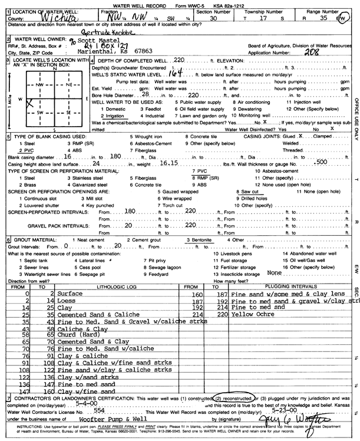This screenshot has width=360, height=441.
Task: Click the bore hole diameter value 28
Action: (144, 94)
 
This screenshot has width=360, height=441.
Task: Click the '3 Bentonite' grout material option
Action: (199, 241)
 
